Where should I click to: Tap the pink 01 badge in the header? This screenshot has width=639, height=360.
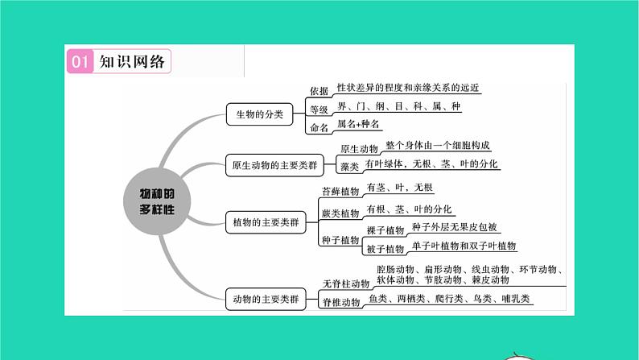(x=78, y=62)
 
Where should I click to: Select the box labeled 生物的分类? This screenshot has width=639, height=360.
(x=254, y=115)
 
